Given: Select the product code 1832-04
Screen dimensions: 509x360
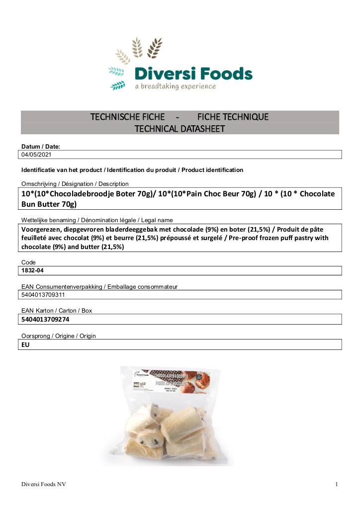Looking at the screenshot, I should [33, 271].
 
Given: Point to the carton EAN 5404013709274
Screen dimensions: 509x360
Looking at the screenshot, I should [45, 319].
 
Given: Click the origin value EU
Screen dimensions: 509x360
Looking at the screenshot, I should [25, 344].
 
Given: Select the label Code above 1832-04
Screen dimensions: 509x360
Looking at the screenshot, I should [28, 262].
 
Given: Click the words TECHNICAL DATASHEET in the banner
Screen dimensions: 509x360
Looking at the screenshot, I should [180, 129].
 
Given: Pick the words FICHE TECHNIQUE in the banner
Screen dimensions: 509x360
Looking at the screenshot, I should [233, 117].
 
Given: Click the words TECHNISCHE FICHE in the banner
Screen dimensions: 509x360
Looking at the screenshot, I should [127, 117].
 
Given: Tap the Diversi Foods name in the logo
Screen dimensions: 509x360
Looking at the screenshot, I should [193, 75].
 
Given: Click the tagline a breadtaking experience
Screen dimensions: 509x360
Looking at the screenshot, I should [176, 86].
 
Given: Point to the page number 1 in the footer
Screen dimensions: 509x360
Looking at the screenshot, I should [337, 484].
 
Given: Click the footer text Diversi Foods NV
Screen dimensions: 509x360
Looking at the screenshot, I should [44, 484].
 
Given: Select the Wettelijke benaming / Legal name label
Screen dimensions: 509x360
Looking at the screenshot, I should [97, 220].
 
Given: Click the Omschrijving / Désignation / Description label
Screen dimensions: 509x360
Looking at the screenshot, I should [75, 184].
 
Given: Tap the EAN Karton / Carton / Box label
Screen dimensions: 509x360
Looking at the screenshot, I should [57, 311].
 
